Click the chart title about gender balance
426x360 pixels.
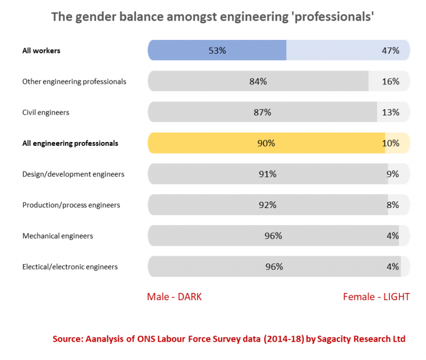pos(212,17)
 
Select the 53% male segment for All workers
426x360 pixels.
pos(217,50)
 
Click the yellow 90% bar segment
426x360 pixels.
pos(266,143)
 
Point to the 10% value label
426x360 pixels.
pos(390,143)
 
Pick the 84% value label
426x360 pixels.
pos(258,82)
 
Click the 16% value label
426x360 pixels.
pos(390,82)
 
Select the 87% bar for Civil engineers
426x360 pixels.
pos(262,112)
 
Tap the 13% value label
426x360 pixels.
pos(390,112)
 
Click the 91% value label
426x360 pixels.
pos(267,174)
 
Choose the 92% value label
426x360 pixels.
pos(267,205)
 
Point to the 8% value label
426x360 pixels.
pos(393,205)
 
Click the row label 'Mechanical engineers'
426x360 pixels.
pos(58,236)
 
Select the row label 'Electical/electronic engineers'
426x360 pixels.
pos(70,267)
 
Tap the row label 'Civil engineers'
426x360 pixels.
pos(45,113)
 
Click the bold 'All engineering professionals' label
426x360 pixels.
pos(70,143)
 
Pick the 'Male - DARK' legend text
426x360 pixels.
pos(174,297)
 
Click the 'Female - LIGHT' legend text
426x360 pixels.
pos(376,297)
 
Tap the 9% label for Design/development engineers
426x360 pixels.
pos(393,174)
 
